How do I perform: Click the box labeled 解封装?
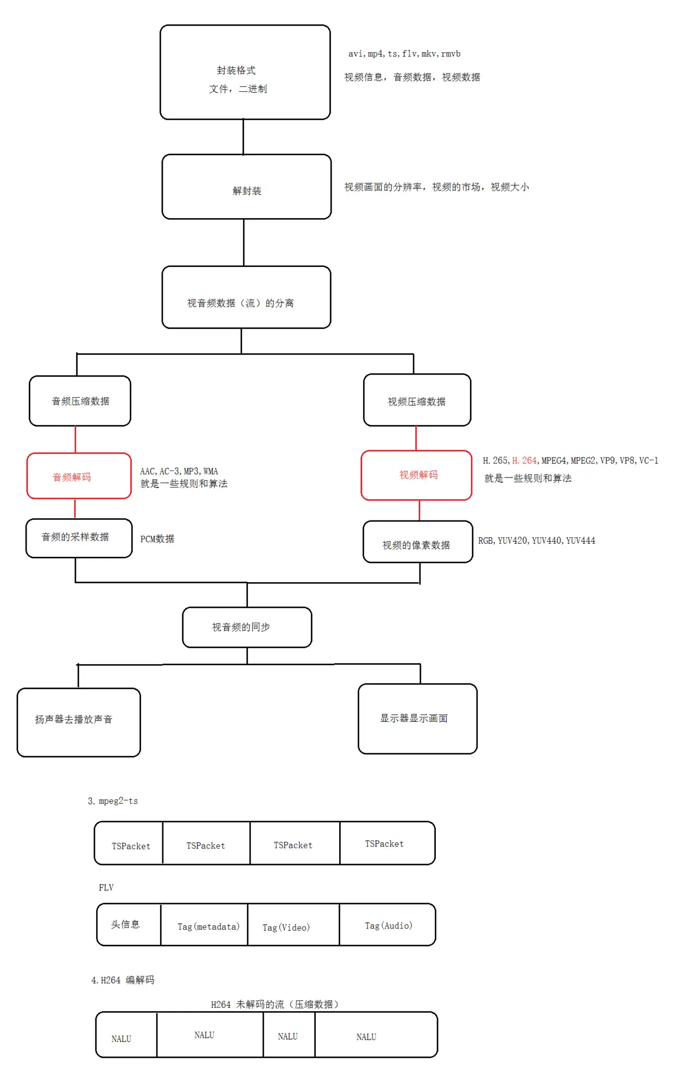246,187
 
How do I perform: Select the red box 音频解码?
79,476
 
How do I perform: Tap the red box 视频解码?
416,475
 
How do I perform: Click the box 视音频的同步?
247,627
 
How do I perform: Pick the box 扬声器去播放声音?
79,722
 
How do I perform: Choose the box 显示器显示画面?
417,719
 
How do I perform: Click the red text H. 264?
524,461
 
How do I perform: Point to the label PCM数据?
157,539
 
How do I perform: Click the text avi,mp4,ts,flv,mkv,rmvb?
404,54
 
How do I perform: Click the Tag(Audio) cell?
388,925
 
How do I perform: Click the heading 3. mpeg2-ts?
113,801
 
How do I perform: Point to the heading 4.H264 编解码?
123,980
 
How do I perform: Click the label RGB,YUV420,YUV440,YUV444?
536,541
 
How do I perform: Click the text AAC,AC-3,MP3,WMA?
179,471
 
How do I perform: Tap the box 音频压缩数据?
80,401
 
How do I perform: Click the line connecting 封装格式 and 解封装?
243,137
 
